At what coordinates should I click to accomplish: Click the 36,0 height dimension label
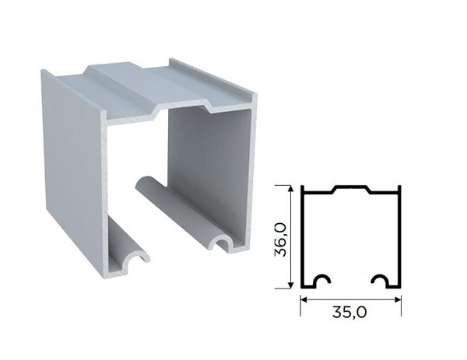280,238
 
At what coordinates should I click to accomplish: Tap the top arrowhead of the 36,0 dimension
291,188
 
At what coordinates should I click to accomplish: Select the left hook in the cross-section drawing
321,280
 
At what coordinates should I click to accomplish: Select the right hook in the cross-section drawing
381,280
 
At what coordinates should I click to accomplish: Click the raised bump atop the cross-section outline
350,187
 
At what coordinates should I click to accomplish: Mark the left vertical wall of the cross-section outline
302,237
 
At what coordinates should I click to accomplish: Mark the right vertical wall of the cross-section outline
399,237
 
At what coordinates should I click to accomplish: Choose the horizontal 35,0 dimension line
350,299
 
